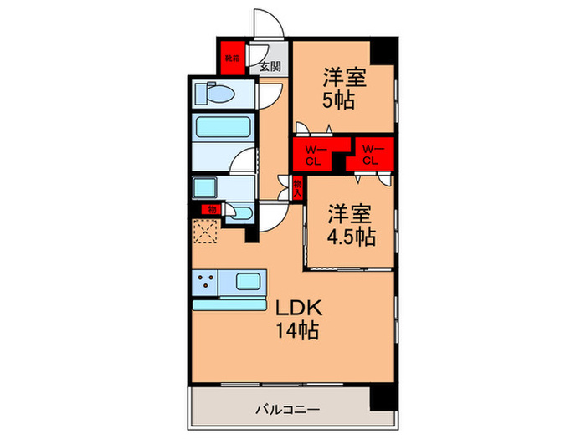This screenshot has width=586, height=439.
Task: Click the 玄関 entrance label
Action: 270,66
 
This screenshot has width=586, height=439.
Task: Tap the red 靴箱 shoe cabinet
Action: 231,59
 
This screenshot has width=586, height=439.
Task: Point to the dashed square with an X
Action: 206,232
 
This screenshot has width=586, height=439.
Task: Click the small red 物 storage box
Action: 212,208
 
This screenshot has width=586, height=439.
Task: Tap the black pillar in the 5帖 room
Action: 383,51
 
